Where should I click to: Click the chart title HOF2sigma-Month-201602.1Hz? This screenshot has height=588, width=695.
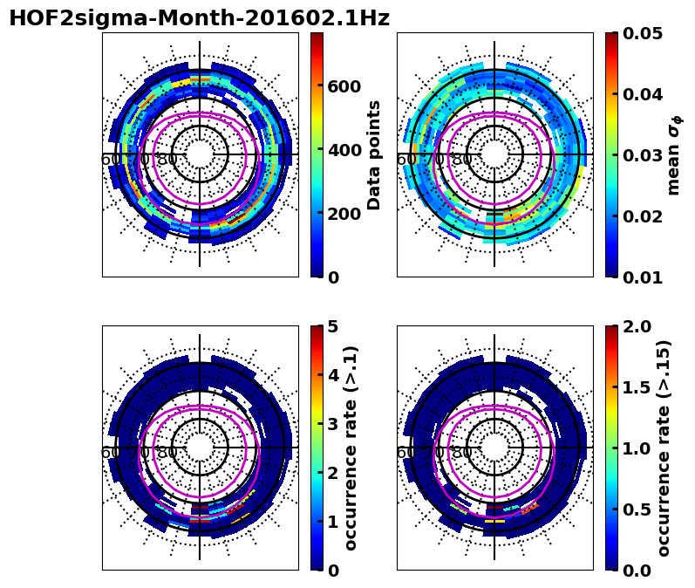199,18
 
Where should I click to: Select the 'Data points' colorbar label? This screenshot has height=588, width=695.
375,154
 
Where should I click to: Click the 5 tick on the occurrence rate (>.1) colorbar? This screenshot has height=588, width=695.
332,326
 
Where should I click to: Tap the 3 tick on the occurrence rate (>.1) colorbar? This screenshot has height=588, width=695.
332,424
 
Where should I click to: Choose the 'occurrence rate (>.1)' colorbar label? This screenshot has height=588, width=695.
351,448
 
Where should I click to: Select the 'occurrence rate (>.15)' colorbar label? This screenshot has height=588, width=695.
664,448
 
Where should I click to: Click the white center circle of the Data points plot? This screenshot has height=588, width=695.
200,154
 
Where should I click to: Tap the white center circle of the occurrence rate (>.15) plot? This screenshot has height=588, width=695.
494,448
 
